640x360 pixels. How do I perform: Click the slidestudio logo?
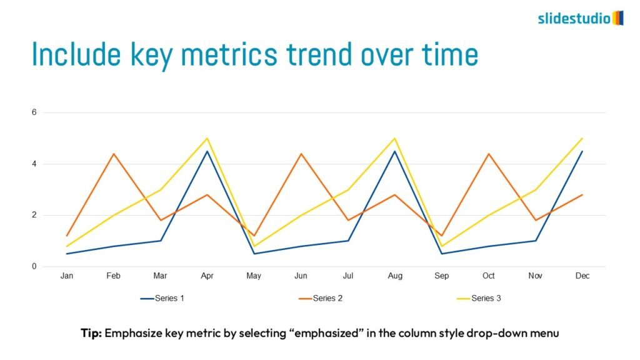click(580, 18)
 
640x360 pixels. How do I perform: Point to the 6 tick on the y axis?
click(35, 112)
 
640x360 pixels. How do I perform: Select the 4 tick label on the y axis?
click(35, 164)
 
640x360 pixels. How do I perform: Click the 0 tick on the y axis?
click(35, 266)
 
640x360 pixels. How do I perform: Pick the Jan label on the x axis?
click(66, 276)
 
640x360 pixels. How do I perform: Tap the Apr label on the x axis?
click(207, 276)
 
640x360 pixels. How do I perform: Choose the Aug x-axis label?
click(394, 276)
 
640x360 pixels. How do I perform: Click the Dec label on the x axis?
click(582, 276)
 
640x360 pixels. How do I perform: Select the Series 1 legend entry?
click(162, 298)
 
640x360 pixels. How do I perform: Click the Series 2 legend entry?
click(321, 298)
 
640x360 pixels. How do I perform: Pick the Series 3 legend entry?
click(479, 298)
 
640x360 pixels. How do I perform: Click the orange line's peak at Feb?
click(113, 154)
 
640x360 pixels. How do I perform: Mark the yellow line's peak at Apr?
click(207, 138)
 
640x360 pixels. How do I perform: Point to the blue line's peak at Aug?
click(394, 151)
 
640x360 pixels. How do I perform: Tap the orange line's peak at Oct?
click(489, 154)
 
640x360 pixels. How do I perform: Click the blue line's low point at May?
click(254, 253)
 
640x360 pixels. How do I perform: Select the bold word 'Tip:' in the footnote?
click(91, 333)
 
